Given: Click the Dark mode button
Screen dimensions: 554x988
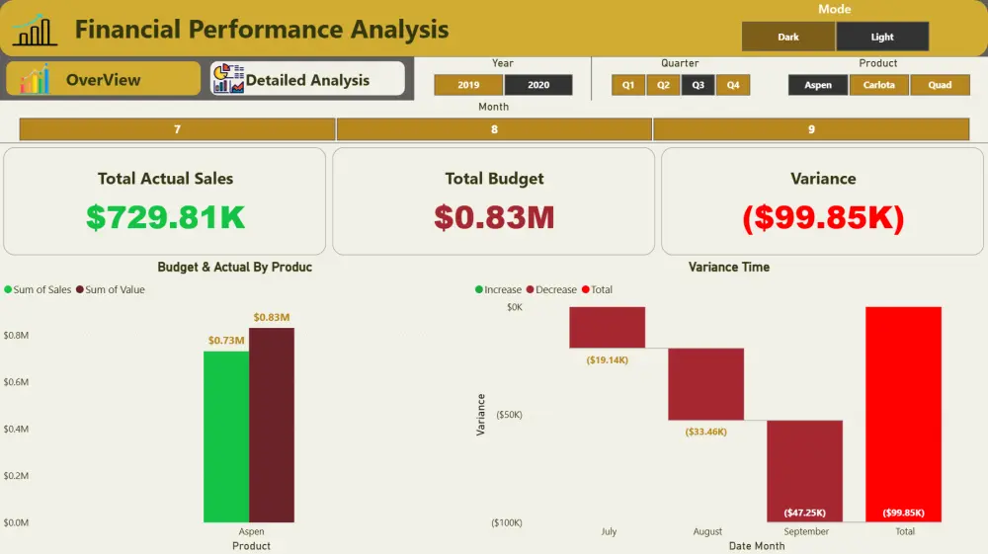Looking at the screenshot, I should pos(787,37).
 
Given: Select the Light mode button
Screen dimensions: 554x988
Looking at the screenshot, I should pos(881,37).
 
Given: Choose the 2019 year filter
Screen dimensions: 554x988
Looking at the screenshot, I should pos(468,85).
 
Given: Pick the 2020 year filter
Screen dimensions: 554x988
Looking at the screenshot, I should pos(538,85).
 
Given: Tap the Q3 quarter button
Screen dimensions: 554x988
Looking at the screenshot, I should pos(698,85).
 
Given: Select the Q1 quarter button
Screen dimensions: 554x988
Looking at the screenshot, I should pos(627,85).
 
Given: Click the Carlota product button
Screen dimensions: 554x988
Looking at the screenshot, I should pos(878,85).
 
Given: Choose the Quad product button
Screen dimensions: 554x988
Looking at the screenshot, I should pos(940,85).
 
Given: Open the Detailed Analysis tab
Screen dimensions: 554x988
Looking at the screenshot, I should pos(307,79).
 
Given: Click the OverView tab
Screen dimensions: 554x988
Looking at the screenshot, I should pos(103,79).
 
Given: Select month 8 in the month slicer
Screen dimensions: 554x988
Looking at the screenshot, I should pos(494,129).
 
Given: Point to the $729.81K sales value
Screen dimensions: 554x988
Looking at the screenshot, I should pos(165,217).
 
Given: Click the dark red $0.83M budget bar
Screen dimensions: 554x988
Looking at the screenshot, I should pos(272,425).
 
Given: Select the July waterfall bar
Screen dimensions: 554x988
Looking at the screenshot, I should pos(607,327).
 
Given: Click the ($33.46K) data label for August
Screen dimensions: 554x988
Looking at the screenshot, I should pos(705,432).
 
